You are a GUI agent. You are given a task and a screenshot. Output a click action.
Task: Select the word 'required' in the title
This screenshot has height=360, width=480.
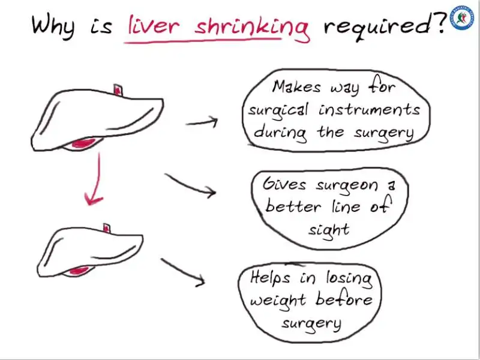374,26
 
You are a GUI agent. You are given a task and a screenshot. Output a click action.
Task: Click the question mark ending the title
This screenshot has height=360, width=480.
439,23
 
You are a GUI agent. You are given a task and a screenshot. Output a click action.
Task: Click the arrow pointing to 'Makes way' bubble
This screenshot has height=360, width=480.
202,122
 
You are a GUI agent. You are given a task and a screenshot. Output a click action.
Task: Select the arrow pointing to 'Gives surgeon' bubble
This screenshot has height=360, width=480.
191,185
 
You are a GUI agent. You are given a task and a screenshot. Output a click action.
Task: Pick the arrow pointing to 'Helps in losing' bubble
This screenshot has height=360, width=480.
184,271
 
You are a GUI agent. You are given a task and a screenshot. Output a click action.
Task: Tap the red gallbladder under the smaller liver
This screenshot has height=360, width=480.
77,271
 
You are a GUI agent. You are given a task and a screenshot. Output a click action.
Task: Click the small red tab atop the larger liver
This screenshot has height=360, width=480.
118,90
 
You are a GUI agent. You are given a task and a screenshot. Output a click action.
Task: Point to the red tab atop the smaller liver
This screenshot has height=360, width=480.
107,227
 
